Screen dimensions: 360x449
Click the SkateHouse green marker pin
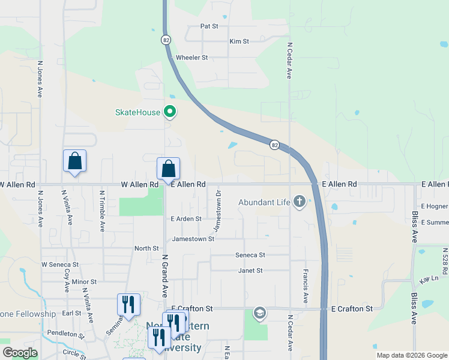click(x=170, y=112)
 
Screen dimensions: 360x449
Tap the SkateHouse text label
click(x=137, y=112)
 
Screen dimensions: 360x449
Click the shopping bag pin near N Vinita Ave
click(x=74, y=161)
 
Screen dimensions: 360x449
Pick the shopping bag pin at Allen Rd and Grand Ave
click(x=168, y=169)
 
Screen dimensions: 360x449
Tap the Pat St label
click(x=209, y=26)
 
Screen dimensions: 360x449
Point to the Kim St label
click(x=239, y=41)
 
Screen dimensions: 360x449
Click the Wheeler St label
click(x=191, y=58)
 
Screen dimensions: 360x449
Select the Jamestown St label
click(x=193, y=239)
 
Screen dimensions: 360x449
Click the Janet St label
click(x=251, y=271)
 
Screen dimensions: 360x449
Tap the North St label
click(x=146, y=248)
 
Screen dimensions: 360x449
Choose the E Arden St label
click(x=185, y=219)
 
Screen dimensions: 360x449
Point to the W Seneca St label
click(x=59, y=265)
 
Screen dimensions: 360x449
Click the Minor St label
click(x=84, y=281)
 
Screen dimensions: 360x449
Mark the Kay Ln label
click(x=430, y=279)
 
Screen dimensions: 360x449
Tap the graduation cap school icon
click(x=259, y=312)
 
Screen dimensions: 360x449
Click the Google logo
click(x=20, y=353)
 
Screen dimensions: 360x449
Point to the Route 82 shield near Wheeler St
click(x=166, y=40)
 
